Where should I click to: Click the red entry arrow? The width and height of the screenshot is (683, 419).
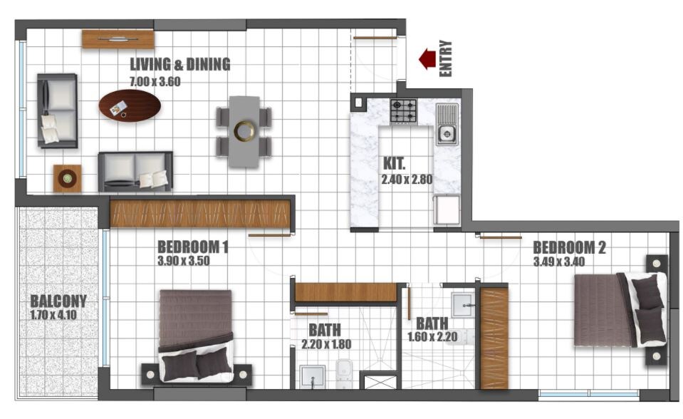(427, 58)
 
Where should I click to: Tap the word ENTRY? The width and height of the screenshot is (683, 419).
(447, 58)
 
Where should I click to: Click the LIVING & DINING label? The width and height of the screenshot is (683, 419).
(179, 65)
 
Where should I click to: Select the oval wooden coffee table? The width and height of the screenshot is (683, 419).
(130, 105)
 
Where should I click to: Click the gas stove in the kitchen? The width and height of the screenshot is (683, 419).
(403, 110)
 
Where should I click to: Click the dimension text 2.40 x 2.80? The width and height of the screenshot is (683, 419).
(407, 180)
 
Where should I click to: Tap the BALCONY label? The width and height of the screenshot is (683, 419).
(58, 301)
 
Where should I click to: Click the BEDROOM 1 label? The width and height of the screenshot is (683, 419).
(192, 247)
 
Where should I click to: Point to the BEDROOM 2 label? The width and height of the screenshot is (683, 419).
(569, 247)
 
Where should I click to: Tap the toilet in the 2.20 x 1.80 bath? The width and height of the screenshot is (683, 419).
(344, 372)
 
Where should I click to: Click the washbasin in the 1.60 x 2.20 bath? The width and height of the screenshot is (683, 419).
(464, 304)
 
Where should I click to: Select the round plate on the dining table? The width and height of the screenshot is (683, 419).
(244, 131)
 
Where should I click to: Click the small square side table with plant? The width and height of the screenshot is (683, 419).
(68, 178)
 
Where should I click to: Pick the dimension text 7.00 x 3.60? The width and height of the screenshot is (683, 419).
(155, 81)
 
